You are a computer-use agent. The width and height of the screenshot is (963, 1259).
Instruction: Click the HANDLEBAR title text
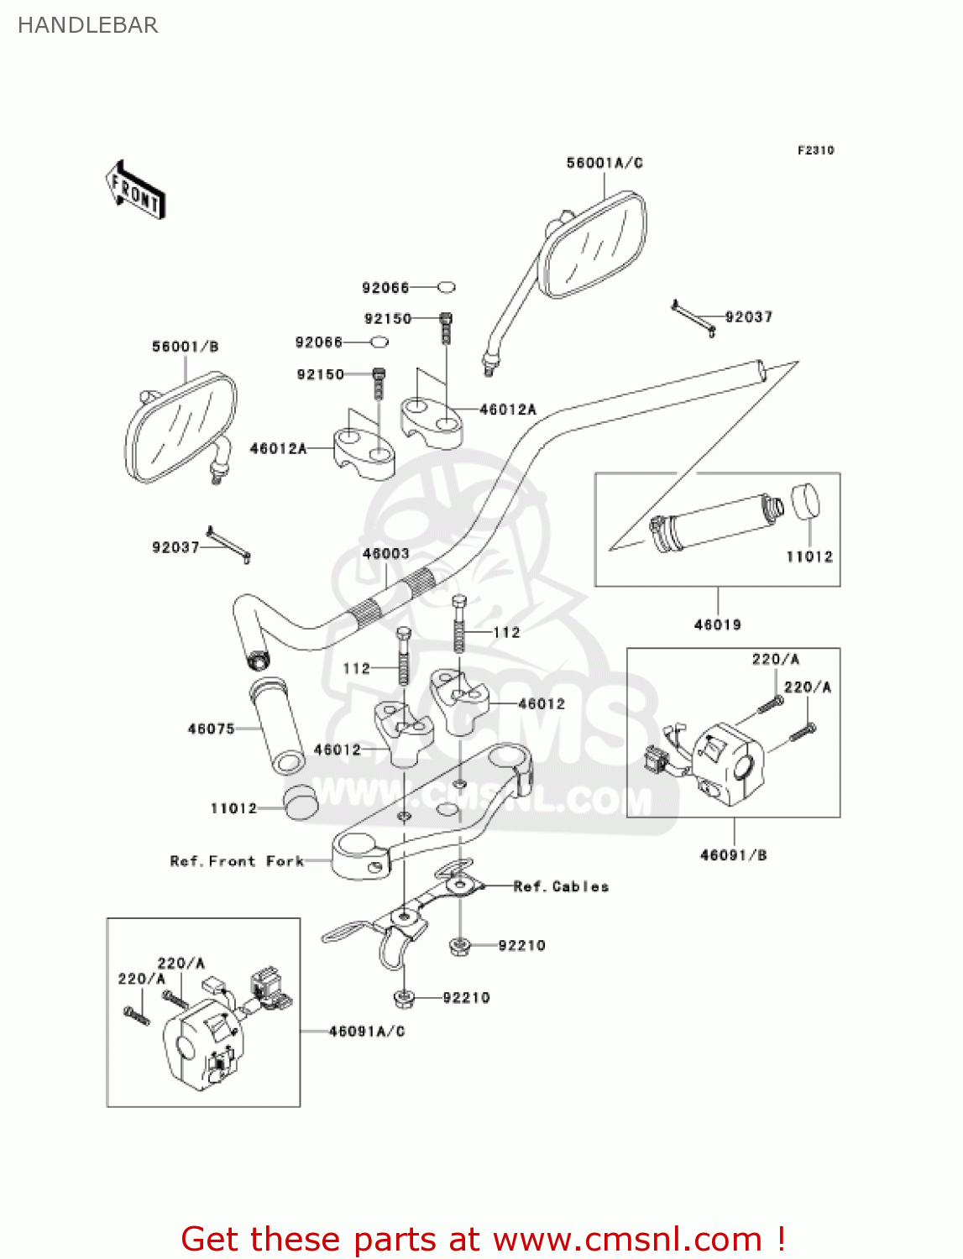(87, 25)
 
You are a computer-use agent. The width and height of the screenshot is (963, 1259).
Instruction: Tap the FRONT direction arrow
(135, 191)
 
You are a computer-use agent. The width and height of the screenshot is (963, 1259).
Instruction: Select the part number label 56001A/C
(604, 163)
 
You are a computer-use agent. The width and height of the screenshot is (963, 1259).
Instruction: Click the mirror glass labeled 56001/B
(180, 427)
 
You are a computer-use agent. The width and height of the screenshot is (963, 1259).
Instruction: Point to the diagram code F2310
(815, 150)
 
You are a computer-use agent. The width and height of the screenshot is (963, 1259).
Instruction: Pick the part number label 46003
(385, 553)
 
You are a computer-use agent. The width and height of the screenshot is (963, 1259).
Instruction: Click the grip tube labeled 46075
(278, 725)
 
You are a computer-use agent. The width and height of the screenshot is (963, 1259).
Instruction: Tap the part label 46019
(717, 624)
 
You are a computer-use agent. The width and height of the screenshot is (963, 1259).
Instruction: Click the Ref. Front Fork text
(237, 861)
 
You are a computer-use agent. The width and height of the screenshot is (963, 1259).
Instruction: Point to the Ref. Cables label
(561, 886)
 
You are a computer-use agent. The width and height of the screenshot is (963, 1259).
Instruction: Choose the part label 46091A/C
(367, 1031)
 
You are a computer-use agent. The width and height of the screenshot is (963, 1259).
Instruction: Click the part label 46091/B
(733, 855)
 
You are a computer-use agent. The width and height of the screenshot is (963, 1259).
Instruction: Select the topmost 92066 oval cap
(447, 287)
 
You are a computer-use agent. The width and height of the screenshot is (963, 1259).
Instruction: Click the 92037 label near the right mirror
(748, 316)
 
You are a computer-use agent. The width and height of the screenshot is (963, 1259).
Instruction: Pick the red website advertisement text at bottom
(483, 1239)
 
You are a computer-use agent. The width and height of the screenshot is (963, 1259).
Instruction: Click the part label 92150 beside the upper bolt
(387, 319)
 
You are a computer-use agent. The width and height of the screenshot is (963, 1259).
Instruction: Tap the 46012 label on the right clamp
(542, 703)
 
